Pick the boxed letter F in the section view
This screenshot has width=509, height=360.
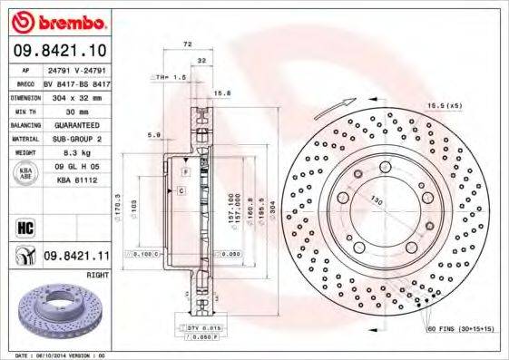point(183,171)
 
